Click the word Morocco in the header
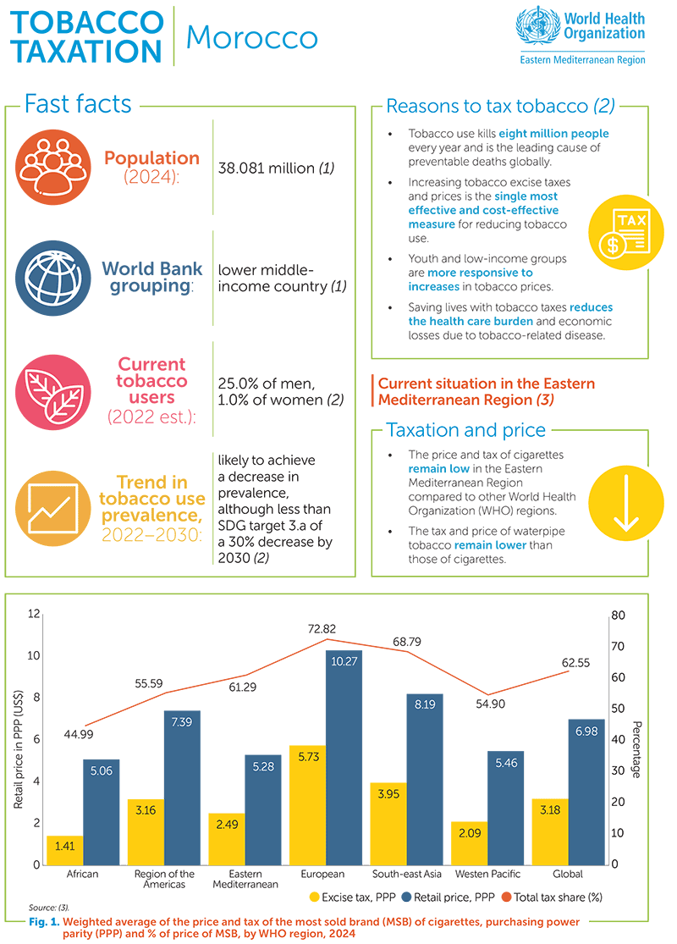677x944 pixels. (251, 37)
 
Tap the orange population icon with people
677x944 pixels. (47, 167)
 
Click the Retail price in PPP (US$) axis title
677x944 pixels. (19, 737)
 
